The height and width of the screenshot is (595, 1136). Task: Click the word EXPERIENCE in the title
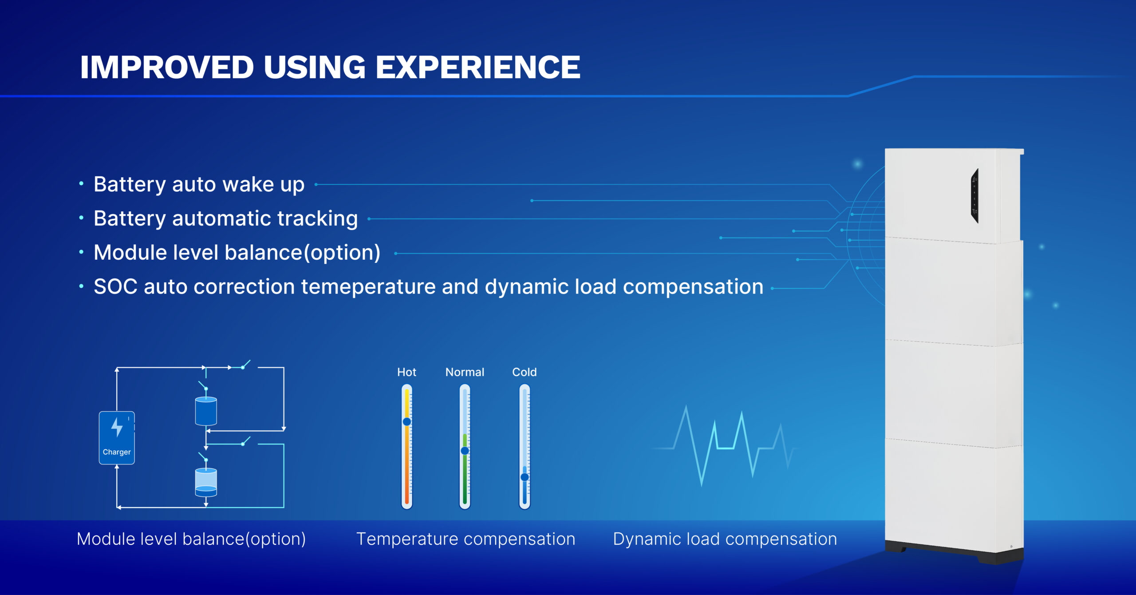click(478, 67)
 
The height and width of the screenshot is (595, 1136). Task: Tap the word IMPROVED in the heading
click(167, 67)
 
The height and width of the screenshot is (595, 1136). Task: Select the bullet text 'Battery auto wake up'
click(199, 185)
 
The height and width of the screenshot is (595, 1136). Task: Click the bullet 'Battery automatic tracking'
click(225, 219)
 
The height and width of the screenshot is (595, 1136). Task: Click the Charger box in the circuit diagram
click(117, 438)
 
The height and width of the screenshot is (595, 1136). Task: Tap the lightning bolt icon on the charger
click(117, 427)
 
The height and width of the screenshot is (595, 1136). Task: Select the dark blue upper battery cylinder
click(206, 411)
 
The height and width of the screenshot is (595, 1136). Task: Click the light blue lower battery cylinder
click(206, 482)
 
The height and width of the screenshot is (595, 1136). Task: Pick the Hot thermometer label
click(406, 372)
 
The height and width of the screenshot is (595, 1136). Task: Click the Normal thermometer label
click(465, 372)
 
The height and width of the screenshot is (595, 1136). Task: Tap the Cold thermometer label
click(525, 372)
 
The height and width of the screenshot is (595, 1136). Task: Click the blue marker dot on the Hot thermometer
click(407, 421)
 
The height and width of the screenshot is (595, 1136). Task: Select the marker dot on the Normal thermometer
click(465, 451)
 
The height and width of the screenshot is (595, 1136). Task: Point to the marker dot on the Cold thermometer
click(525, 477)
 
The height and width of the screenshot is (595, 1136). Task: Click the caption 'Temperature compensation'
click(466, 539)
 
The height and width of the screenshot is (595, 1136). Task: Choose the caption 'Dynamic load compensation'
click(725, 539)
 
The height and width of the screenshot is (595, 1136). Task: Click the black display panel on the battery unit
click(974, 196)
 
